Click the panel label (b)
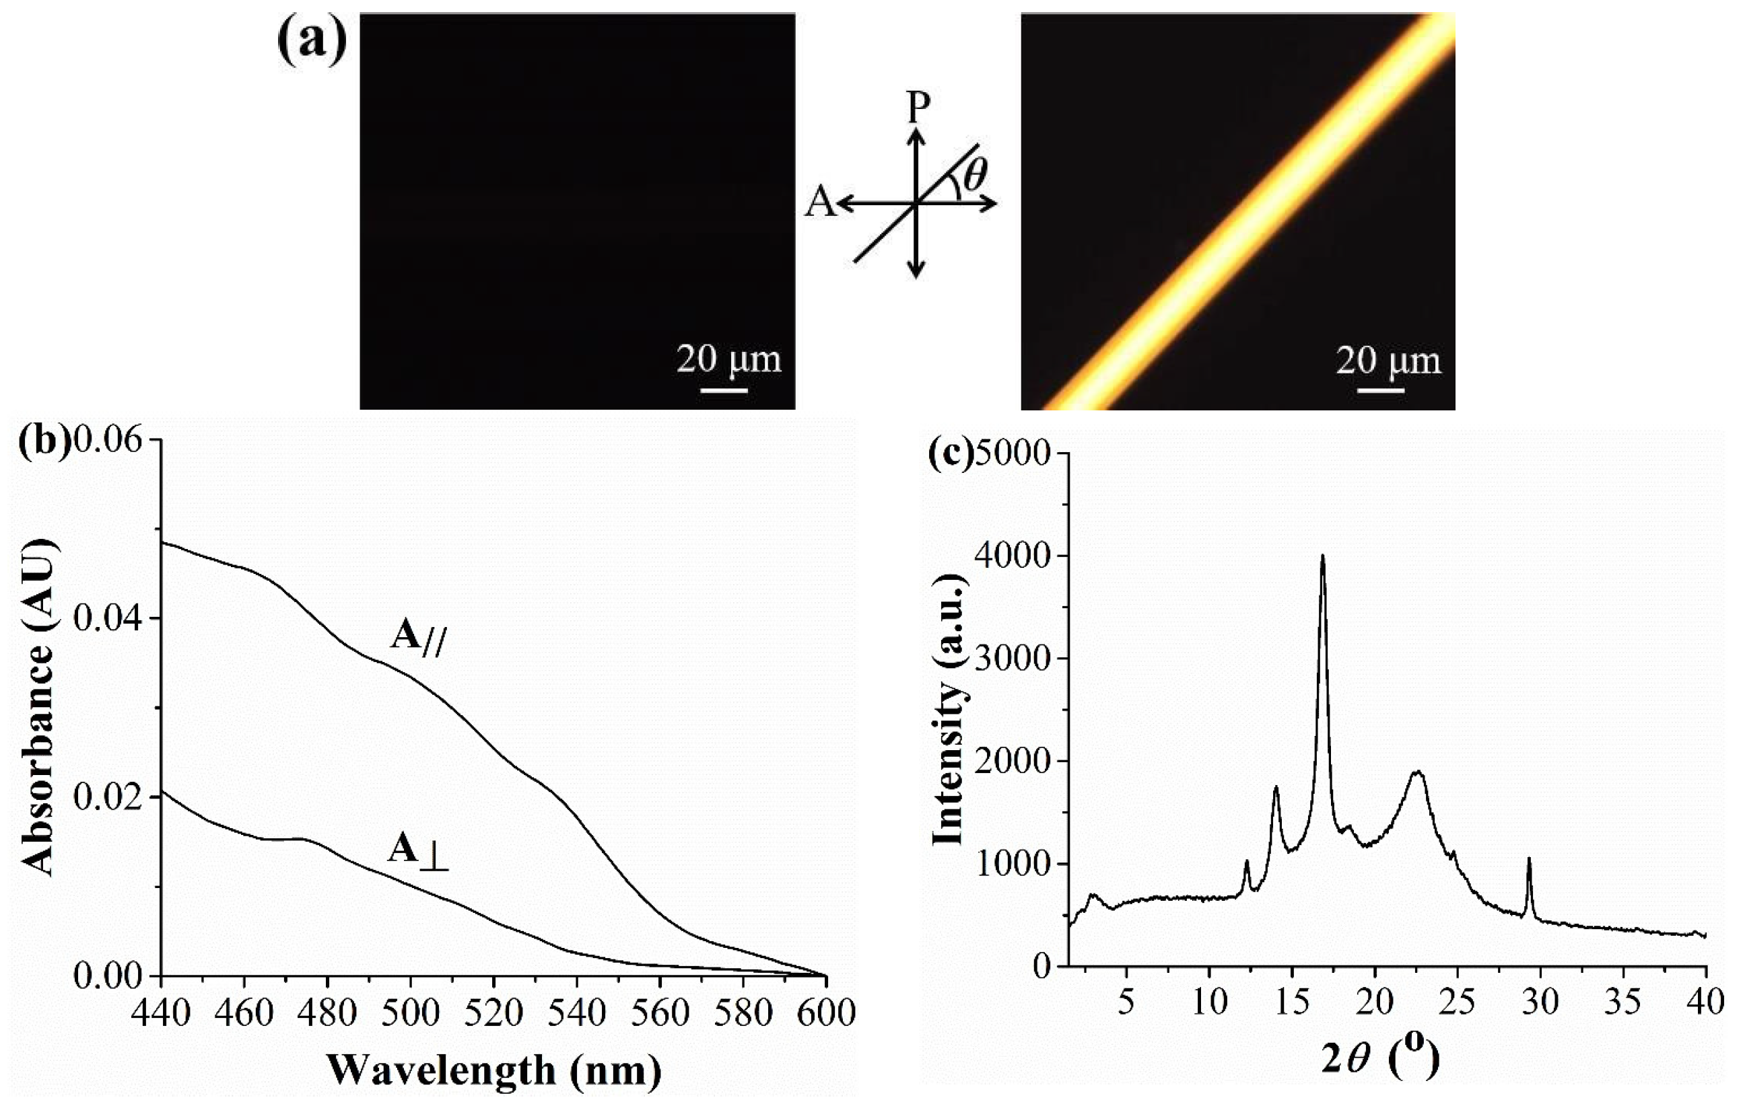45,441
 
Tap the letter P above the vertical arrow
918,108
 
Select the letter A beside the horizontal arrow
819,202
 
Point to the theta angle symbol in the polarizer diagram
975,174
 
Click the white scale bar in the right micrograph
1379,391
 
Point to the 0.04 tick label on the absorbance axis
108,619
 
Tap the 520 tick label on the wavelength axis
493,1013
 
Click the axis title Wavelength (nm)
493,1070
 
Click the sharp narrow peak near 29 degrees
1529,860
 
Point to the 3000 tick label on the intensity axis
1012,659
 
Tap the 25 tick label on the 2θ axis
1456,1002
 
